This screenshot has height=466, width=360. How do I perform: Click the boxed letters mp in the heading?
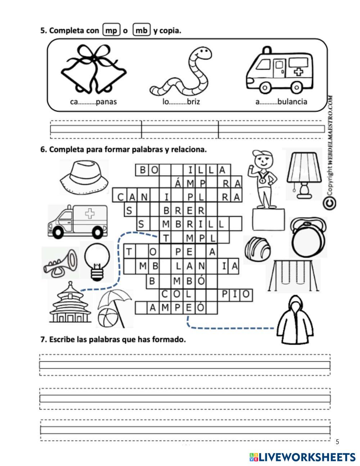pos(111,30)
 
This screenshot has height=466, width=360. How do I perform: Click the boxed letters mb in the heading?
pos(141,30)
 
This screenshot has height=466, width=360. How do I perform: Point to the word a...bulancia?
pos(281,102)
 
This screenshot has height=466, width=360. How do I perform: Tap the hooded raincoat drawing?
pos(295,321)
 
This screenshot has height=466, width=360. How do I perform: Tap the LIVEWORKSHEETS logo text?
pos(307,457)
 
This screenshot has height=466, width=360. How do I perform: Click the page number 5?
pos(337,442)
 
